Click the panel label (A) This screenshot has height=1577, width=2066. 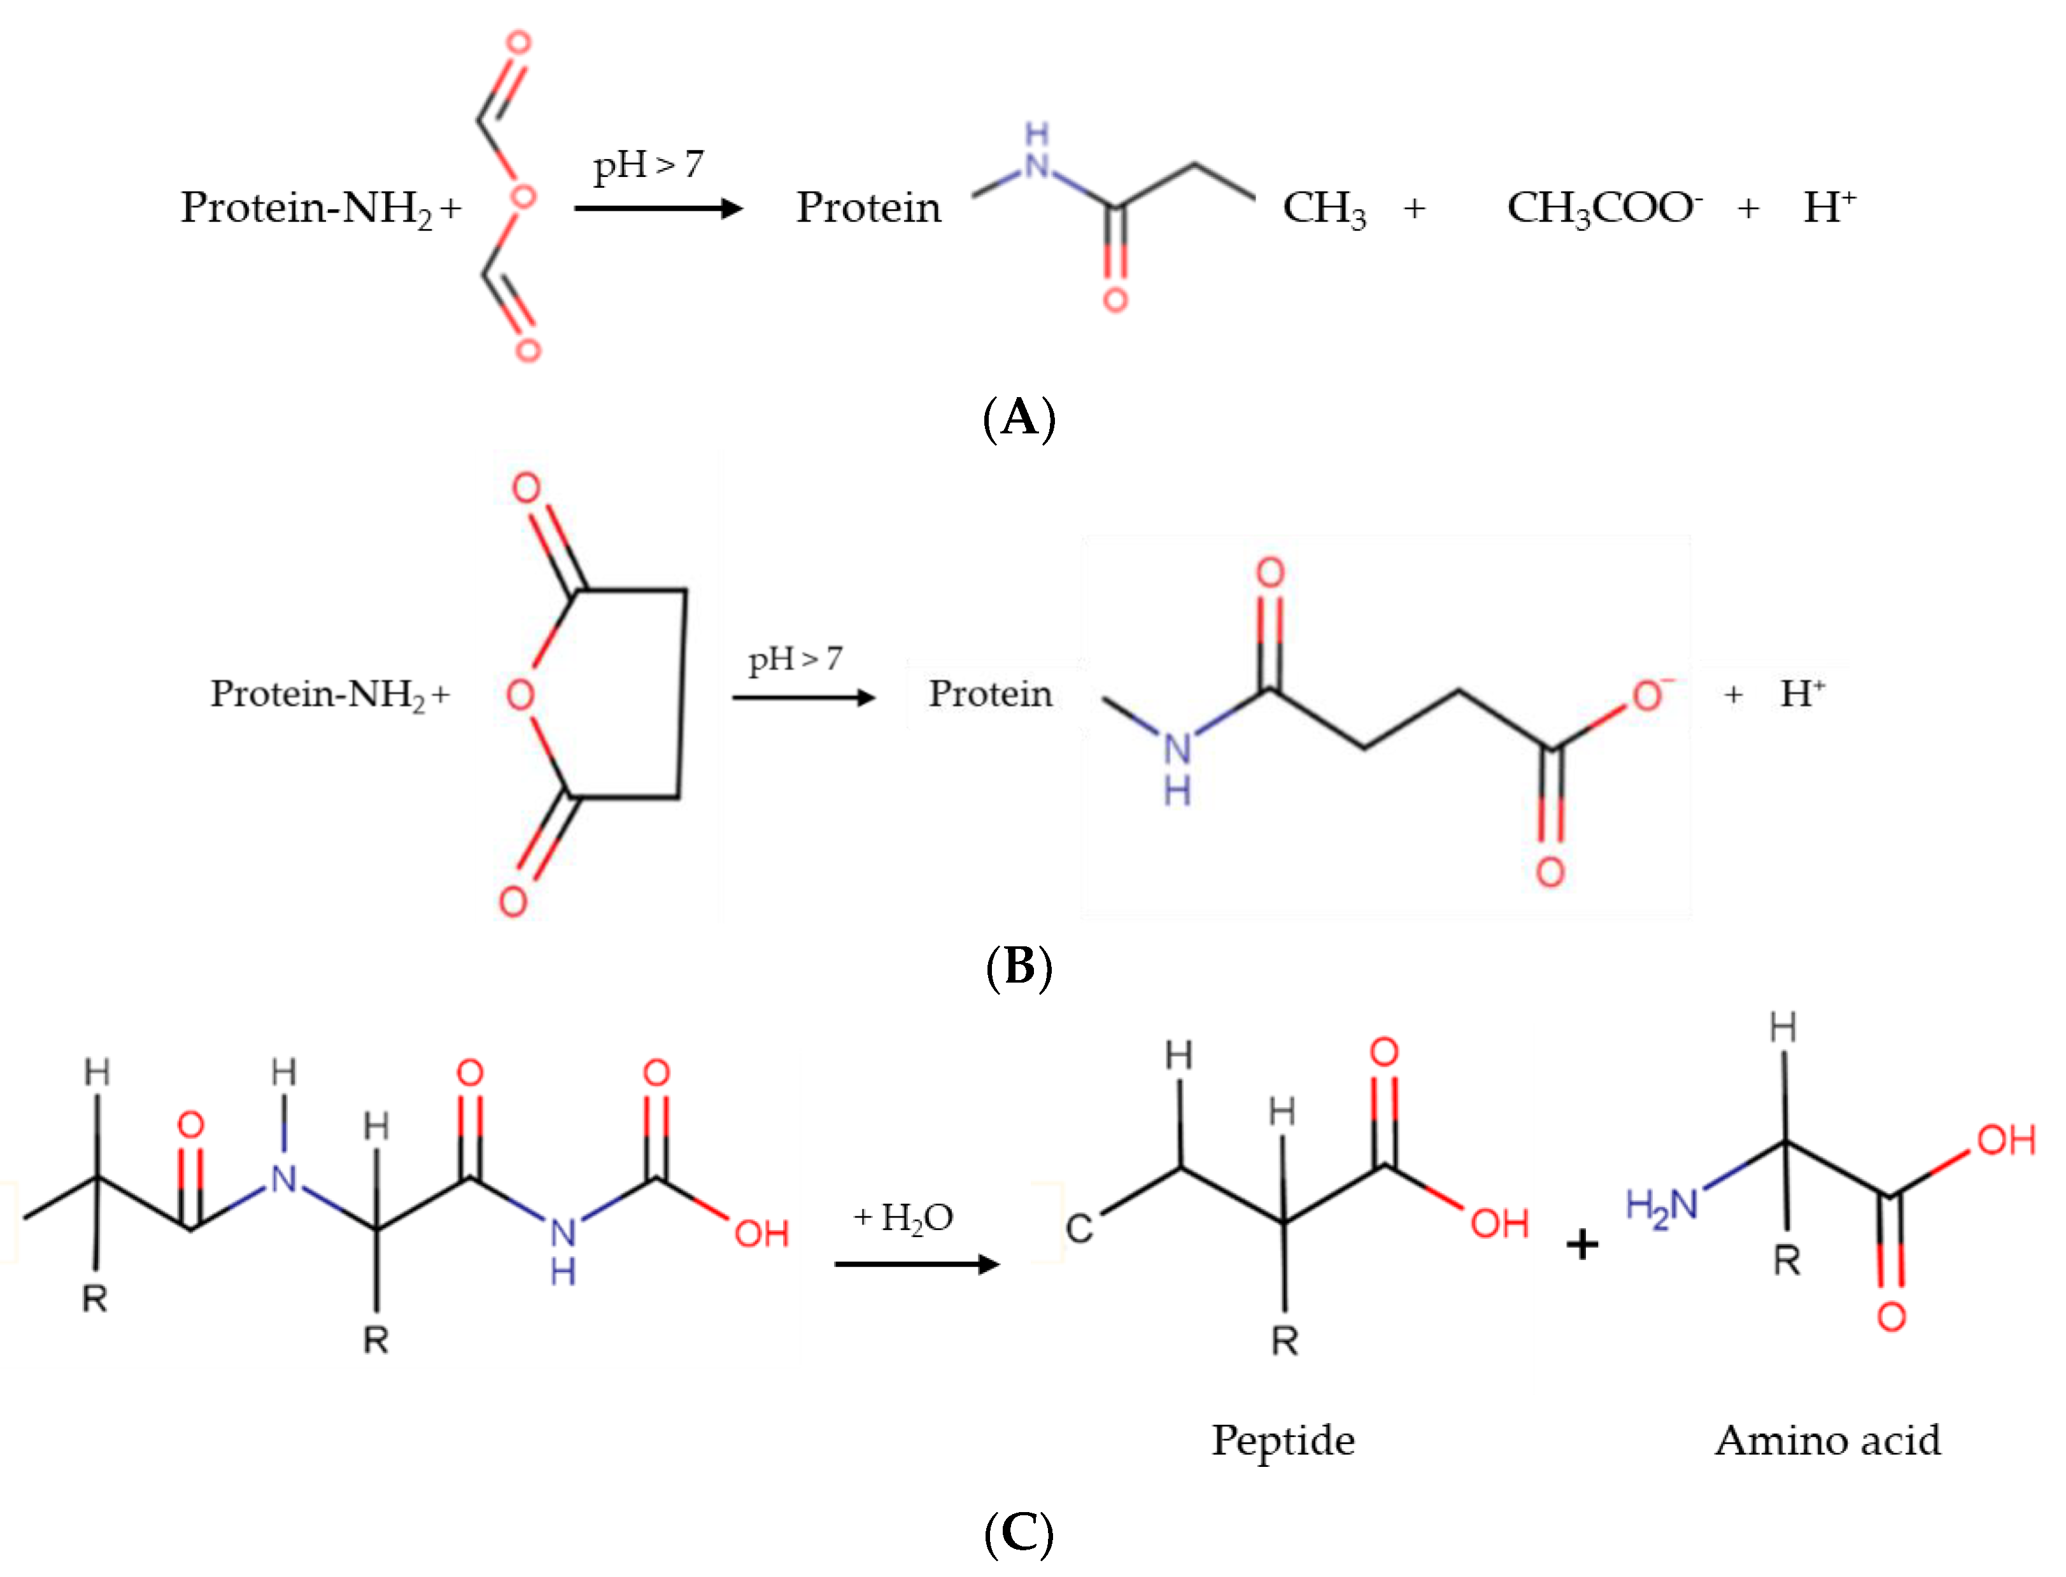pos(1019,417)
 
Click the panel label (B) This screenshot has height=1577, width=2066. pos(1019,967)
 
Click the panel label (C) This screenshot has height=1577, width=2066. pos(1019,1534)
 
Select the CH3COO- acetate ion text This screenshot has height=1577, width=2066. pos(1604,208)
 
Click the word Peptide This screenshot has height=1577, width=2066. pos(1283,1440)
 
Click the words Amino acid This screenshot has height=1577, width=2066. pos(1827,1440)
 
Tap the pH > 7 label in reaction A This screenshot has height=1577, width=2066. pos(648,165)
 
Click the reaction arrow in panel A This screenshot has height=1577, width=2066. pos(657,208)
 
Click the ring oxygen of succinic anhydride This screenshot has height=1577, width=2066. pos(520,696)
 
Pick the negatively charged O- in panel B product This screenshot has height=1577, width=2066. pos(1649,696)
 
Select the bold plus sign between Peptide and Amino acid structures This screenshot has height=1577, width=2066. pos(1582,1245)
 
